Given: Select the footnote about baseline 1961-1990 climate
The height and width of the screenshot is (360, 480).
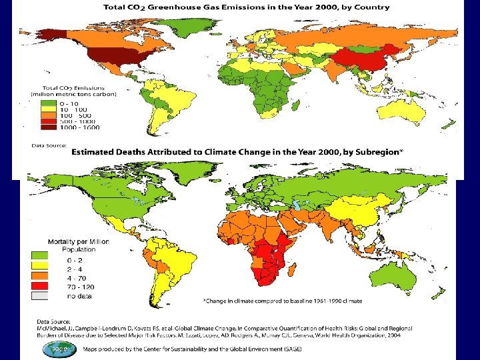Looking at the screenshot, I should point(283,301).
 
